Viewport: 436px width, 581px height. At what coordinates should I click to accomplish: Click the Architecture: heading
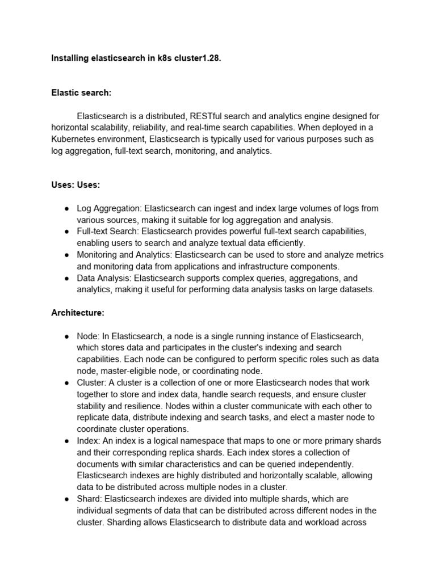[x=78, y=313]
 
